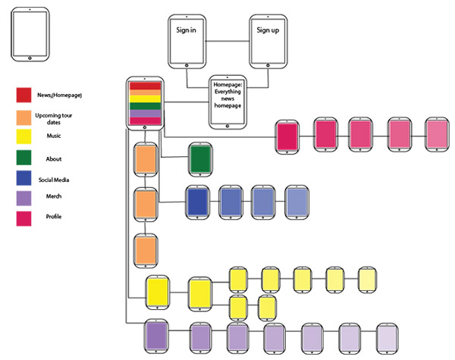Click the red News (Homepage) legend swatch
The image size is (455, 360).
point(24,95)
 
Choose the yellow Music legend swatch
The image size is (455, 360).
point(24,137)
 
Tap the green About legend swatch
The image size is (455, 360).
point(24,158)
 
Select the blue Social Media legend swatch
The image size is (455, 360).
point(24,180)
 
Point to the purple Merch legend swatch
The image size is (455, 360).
point(24,199)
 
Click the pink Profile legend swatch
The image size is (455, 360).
point(24,218)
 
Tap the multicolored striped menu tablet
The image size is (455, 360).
point(145,102)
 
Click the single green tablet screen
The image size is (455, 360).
point(199,159)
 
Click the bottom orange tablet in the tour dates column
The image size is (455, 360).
point(145,249)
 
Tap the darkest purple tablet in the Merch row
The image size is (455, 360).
point(157,335)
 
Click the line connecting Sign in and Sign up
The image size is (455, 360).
point(228,40)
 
